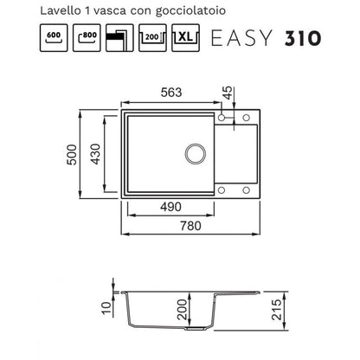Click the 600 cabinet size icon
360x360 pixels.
coord(54,38)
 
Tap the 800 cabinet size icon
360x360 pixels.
coord(87,38)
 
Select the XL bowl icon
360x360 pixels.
coord(185,38)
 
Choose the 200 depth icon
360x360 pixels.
coord(152,38)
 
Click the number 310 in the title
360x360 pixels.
coord(303,38)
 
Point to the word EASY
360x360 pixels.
coord(241,38)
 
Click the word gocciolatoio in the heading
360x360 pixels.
coord(190,11)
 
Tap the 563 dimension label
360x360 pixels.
coord(171,93)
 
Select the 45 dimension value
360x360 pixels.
coord(228,93)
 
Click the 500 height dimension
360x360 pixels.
coord(72,155)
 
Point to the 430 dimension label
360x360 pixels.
coord(96,154)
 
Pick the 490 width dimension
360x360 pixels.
coord(170,207)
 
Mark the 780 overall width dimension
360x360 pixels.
coord(190,226)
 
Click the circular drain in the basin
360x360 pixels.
coord(196,153)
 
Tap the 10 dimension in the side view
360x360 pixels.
coord(106,308)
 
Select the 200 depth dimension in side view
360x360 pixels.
coord(182,309)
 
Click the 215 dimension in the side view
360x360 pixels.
coord(277,310)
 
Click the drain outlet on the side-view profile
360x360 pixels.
coord(196,329)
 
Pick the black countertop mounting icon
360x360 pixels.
coord(119,38)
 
